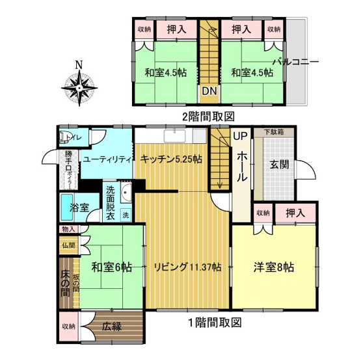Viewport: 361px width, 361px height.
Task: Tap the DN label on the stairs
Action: point(208,92)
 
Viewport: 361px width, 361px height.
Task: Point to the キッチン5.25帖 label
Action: point(170,159)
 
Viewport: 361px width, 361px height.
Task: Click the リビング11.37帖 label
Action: point(187,267)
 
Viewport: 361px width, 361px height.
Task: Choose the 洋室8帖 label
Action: point(273,267)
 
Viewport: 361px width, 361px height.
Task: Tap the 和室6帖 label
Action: point(108,267)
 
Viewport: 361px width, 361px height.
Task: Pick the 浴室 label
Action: point(79,208)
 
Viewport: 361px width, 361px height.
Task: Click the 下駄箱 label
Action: point(273,132)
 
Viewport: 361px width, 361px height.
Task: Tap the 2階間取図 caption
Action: point(207,116)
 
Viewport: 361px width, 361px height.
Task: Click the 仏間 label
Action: point(68,246)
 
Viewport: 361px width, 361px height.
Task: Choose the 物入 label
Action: point(68,229)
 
